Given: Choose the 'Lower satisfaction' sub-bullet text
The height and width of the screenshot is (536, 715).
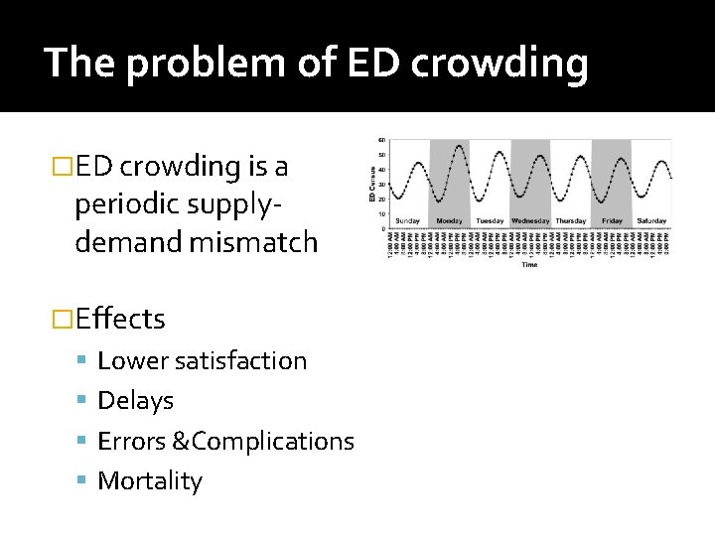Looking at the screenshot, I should tap(202, 360).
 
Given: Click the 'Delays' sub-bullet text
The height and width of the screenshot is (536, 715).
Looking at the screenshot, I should tap(135, 401).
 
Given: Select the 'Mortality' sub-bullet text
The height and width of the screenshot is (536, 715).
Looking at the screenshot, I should tap(149, 481).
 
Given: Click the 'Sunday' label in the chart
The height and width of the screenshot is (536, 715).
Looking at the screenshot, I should tap(408, 220).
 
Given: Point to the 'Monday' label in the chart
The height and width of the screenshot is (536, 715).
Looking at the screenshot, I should tap(449, 220).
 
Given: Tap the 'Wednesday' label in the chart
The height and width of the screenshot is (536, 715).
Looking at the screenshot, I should tap(530, 220).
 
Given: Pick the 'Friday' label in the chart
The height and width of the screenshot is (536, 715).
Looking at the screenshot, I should tap(612, 220).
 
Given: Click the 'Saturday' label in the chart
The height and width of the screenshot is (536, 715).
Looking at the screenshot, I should tap(651, 220).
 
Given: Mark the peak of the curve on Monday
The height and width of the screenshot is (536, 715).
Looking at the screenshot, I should tap(458, 147).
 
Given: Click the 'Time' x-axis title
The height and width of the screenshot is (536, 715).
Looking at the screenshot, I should tap(529, 265).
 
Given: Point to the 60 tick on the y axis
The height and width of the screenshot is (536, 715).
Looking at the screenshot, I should tap(382, 140).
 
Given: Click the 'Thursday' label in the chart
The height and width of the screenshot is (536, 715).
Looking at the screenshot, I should tap(571, 220).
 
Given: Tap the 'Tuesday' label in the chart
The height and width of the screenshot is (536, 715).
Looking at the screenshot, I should tap(490, 220).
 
